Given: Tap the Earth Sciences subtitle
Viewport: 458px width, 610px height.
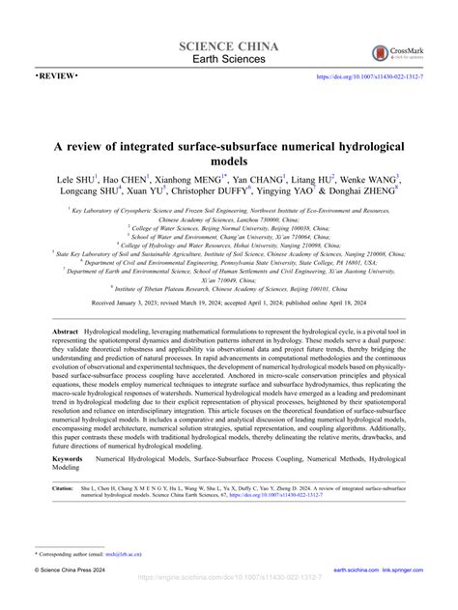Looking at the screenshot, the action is [x=229, y=61].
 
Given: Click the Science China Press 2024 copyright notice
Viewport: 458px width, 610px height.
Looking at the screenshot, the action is [x=77, y=599].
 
